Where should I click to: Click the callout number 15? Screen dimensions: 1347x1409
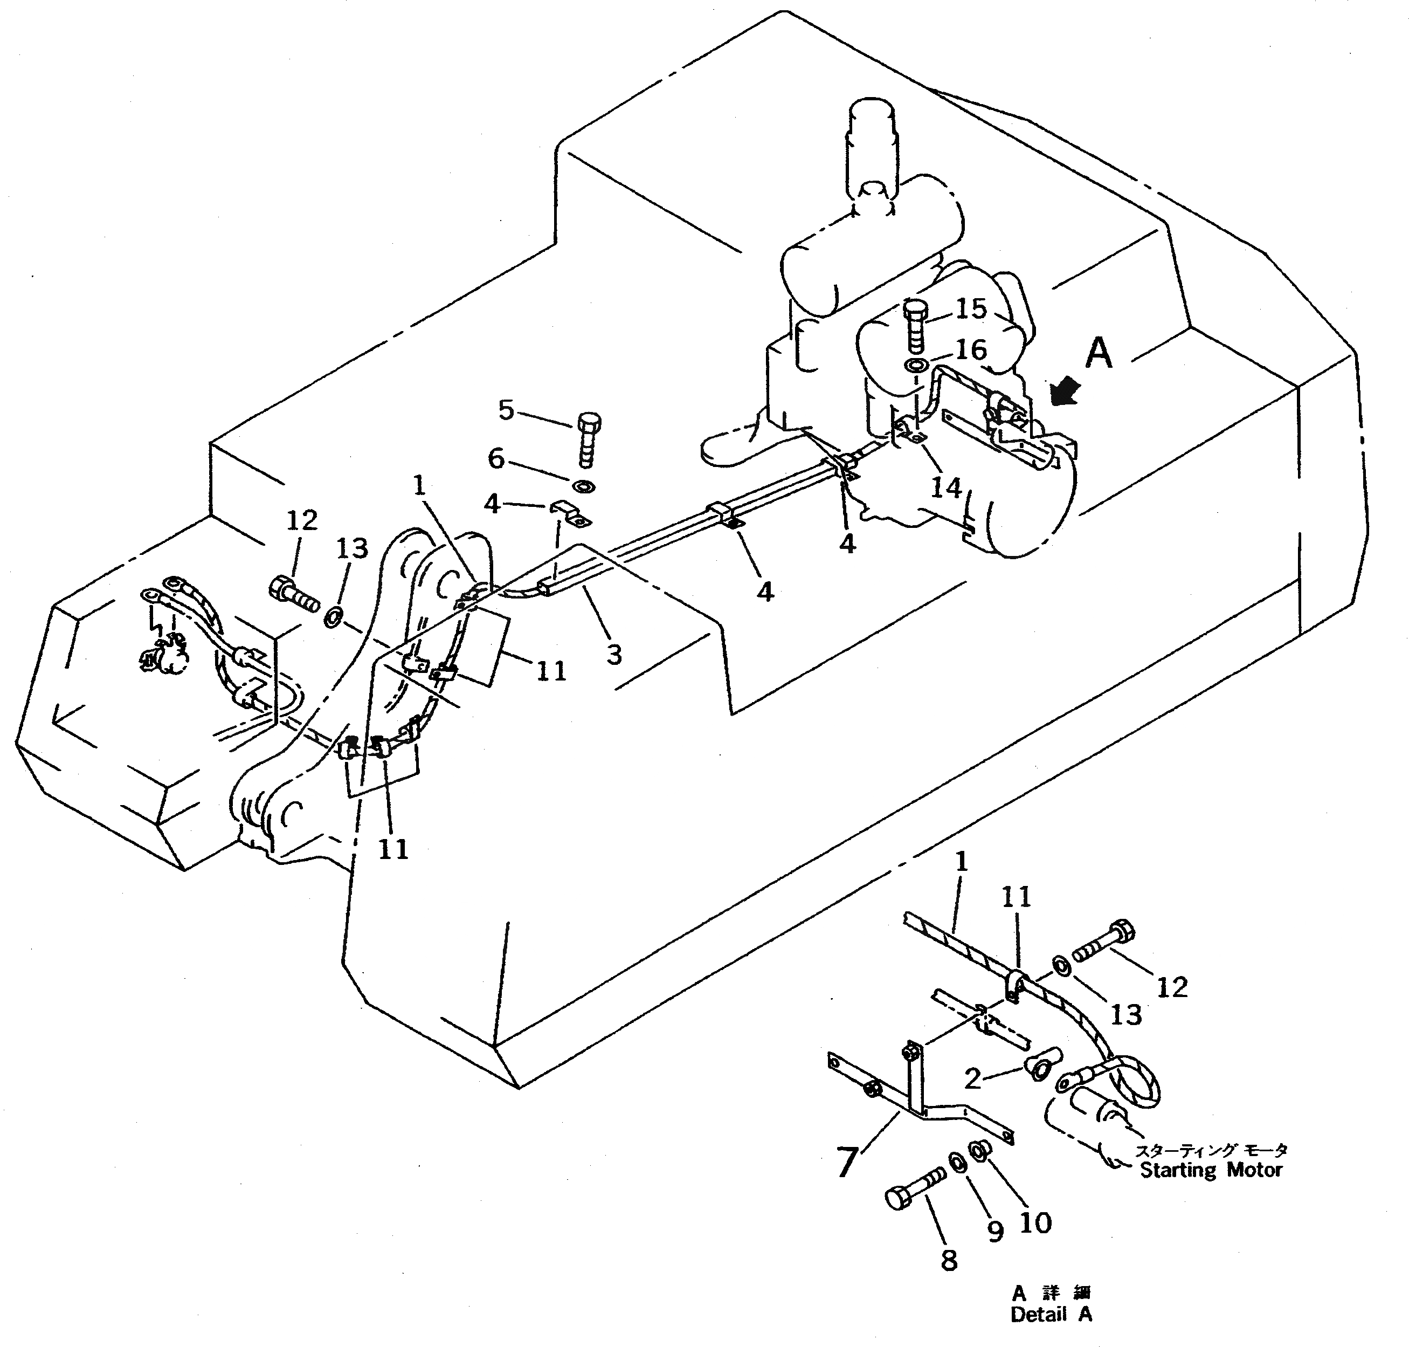972,309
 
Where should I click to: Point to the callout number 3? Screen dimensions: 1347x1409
614,654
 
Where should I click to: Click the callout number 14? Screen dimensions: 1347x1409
945,487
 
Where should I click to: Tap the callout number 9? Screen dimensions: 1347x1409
995,1231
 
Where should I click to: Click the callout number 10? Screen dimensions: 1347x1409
1036,1221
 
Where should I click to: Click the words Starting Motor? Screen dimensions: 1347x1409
1211,1170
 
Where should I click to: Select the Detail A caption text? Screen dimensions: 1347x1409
1051,1314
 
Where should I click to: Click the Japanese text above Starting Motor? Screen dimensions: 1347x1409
1210,1150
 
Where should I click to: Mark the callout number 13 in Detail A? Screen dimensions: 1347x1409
1125,1014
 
